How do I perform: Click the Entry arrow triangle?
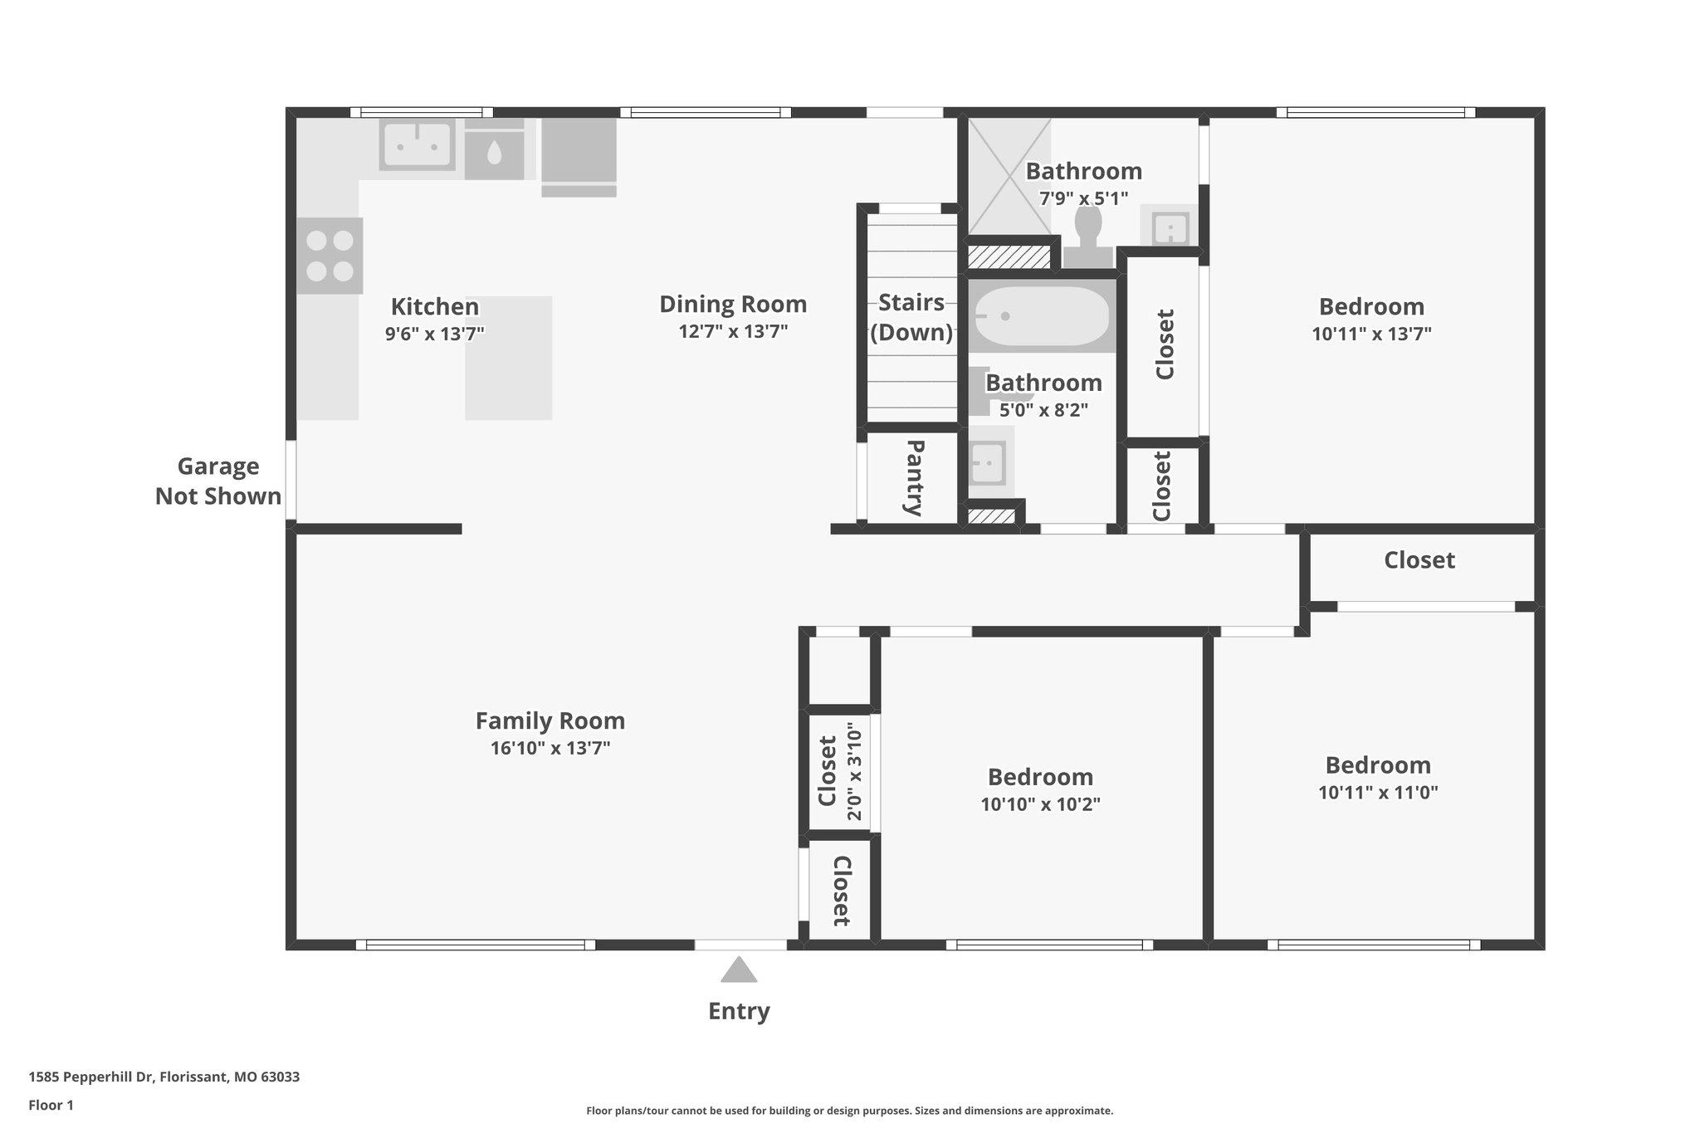pos(739,970)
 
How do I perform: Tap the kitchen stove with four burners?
pos(330,256)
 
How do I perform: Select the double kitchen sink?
pos(417,145)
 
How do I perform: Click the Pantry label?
pos(914,478)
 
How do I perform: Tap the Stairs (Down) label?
pos(911,317)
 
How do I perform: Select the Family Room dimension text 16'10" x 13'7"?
pos(550,748)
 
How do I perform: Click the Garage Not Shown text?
pos(218,481)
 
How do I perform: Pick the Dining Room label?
pos(733,305)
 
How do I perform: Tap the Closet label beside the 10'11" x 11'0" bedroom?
pos(1419,560)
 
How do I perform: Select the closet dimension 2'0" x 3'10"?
pos(854,771)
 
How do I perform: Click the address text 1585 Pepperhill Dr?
pos(164,1077)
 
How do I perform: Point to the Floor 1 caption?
pos(51,1105)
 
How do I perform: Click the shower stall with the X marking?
pos(1009,176)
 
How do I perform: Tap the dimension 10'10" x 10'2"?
pos(1040,804)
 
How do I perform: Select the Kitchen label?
pos(435,307)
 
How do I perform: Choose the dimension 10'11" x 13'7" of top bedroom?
pos(1371,334)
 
